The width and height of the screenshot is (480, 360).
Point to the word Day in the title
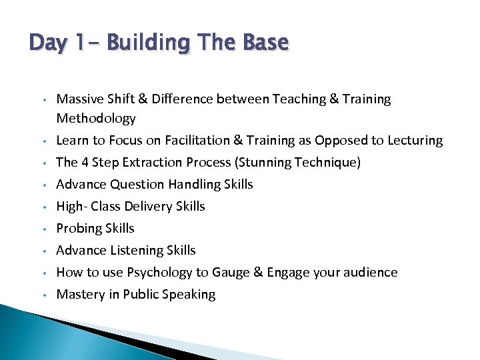47,43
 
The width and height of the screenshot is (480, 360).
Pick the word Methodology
96,119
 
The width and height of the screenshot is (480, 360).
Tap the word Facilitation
193,141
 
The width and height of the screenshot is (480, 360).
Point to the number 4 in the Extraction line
83,163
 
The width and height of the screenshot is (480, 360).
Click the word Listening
136,251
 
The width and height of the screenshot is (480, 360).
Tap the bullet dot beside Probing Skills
42,229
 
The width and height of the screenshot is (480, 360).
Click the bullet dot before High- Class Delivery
42,207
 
